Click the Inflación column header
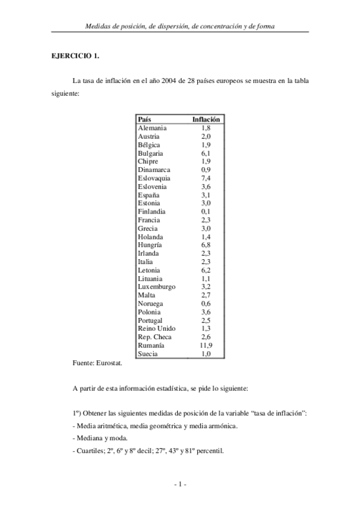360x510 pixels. (x=206, y=119)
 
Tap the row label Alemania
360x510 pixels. (x=153, y=127)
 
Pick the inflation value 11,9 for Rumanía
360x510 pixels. (x=206, y=346)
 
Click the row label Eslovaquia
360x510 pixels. (x=154, y=178)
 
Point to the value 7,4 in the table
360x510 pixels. (x=206, y=178)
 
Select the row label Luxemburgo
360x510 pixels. (x=157, y=287)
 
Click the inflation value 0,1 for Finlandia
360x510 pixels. (x=206, y=212)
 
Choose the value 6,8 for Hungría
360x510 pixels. (x=206, y=245)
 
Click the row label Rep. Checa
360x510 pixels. (x=154, y=337)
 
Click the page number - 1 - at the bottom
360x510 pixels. (x=180, y=484)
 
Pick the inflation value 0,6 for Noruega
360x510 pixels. (x=206, y=304)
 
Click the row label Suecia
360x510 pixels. (x=148, y=354)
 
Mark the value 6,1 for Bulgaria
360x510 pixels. (x=206, y=153)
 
